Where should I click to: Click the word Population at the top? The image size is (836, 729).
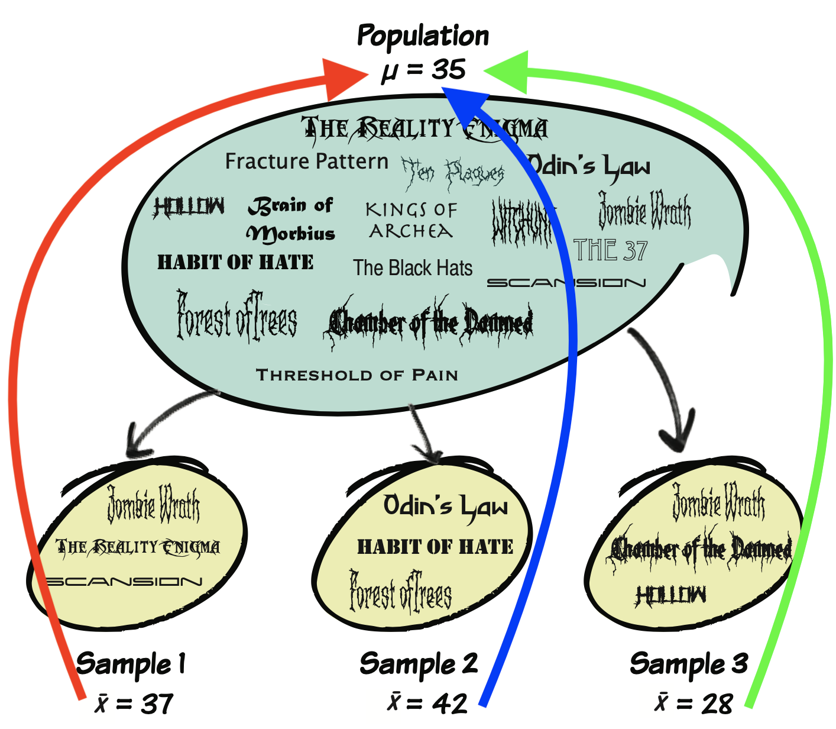click(423, 36)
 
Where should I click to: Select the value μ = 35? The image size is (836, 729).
click(423, 70)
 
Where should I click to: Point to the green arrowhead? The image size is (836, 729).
click(508, 70)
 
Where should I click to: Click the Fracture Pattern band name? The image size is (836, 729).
click(307, 162)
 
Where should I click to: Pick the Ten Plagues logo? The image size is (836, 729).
click(453, 173)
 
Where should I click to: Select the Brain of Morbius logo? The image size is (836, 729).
click(291, 220)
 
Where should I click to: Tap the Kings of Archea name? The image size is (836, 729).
click(411, 220)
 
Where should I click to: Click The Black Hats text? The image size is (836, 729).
click(413, 268)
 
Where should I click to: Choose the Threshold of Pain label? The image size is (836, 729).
click(357, 375)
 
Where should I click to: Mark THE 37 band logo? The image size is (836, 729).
click(611, 250)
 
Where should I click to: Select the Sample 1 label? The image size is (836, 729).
click(131, 663)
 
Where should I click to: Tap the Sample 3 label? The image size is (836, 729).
click(689, 663)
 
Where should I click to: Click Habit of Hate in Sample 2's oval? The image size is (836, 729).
click(435, 547)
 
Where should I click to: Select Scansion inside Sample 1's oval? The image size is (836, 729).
click(124, 582)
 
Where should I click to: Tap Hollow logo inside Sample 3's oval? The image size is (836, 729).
click(671, 595)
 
